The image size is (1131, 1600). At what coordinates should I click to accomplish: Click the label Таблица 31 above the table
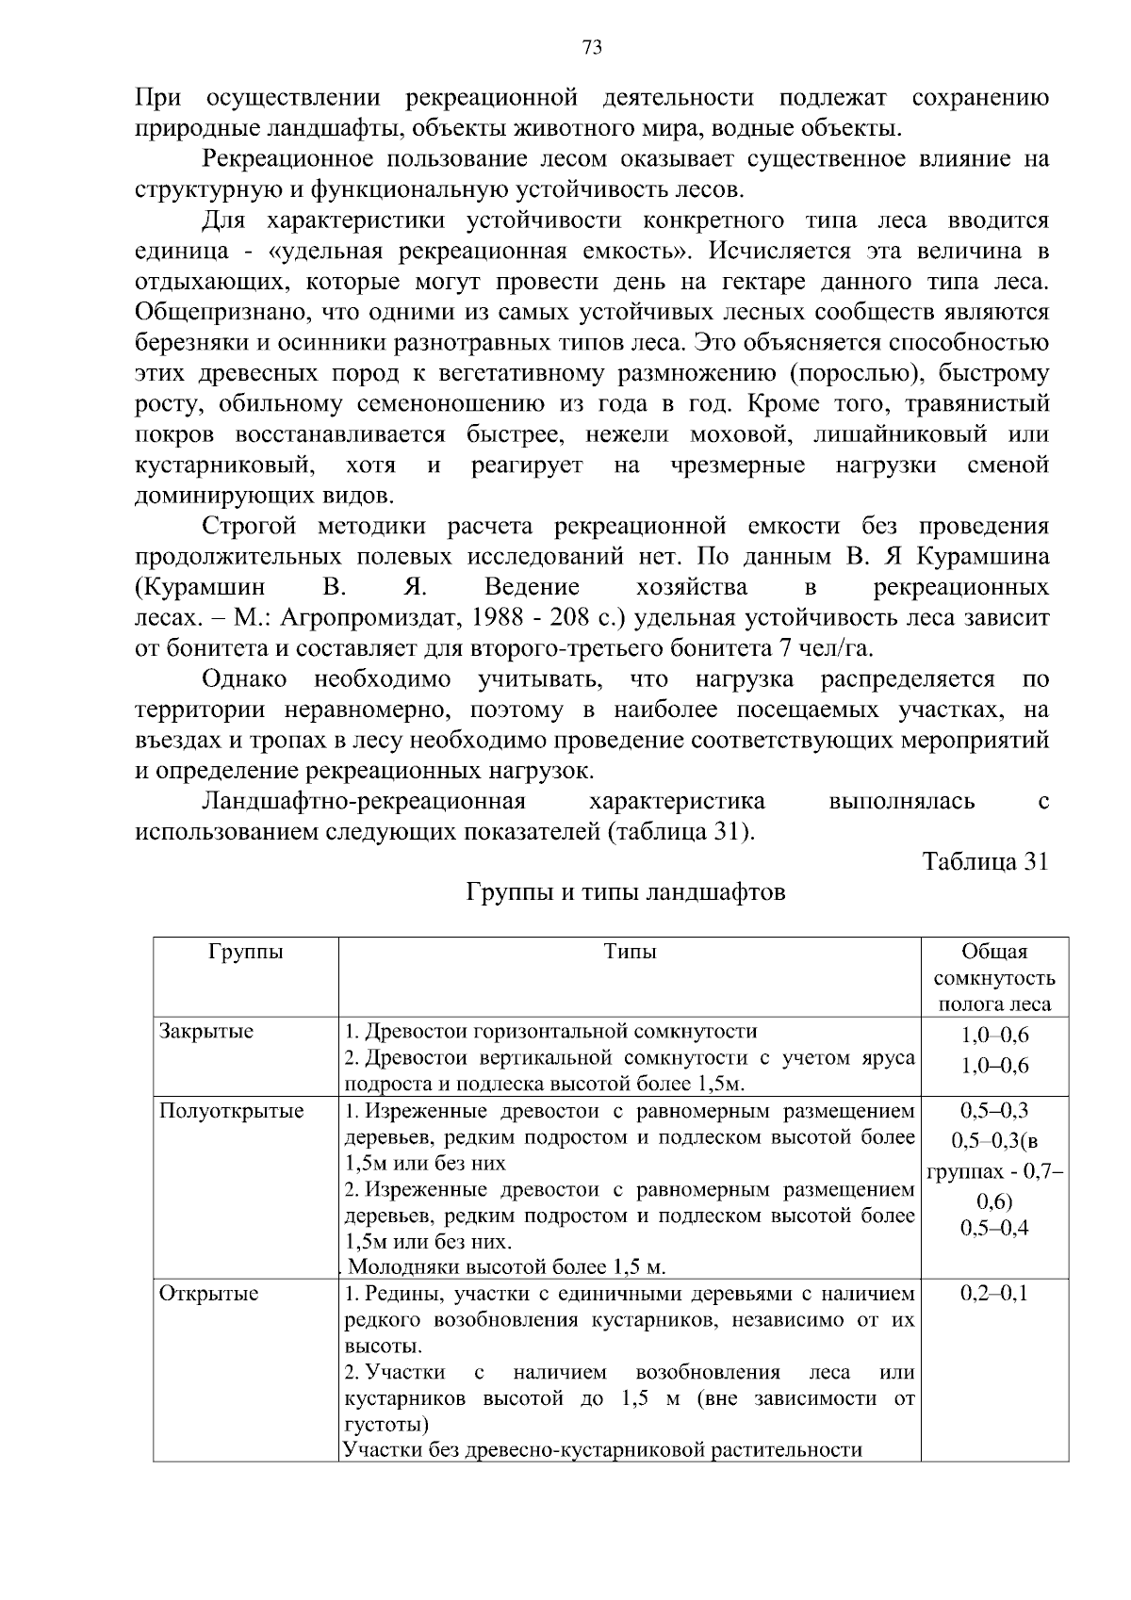[985, 862]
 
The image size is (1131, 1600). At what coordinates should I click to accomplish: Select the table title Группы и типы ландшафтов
[626, 892]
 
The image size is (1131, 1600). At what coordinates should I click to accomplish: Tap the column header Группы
[245, 952]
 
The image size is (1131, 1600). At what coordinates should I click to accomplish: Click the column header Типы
[630, 952]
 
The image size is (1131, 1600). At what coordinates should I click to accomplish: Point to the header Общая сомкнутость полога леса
[994, 978]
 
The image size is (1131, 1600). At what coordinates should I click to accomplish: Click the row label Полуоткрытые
[231, 1111]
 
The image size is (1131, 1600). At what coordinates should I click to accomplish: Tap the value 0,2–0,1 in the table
[994, 1294]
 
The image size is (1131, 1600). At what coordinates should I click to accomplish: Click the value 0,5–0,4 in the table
[994, 1228]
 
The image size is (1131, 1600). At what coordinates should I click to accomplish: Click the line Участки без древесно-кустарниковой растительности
[603, 1449]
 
